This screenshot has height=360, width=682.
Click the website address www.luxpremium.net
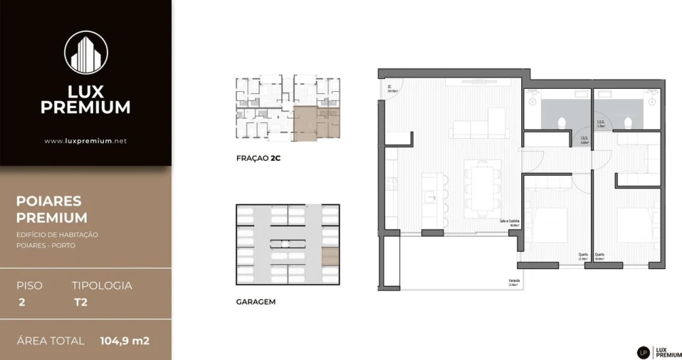pos(85,141)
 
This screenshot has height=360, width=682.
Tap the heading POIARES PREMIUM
pos(52,210)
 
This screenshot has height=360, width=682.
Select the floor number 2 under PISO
pos(21,302)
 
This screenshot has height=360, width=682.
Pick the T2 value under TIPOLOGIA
pos(80,302)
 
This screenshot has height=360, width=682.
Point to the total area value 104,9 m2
pos(125,341)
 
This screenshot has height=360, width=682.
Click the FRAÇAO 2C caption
pos(258,159)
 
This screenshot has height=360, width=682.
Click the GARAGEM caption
pos(256,302)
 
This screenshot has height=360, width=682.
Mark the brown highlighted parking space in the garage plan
pos(330,256)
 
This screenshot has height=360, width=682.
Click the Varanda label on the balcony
pos(513,281)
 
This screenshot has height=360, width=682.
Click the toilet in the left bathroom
pos(562,122)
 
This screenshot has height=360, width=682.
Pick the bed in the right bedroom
pos(637,226)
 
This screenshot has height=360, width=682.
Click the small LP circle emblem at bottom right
pos(643,352)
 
